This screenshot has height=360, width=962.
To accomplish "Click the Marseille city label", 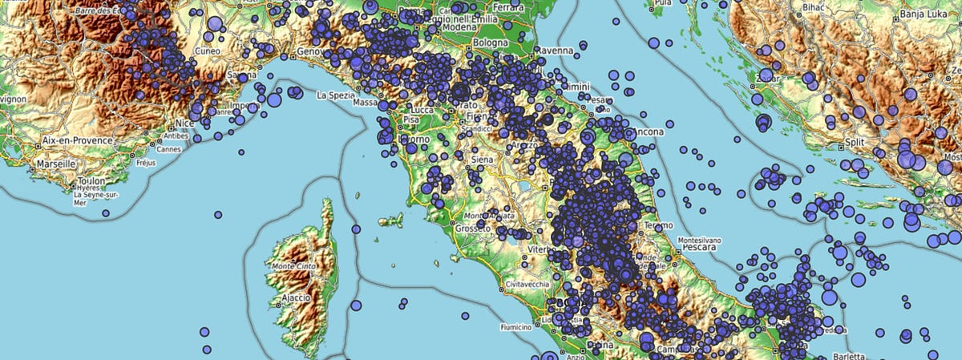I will click(55, 164).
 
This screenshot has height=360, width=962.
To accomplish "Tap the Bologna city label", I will click(491, 42).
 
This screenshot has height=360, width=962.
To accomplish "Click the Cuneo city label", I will click(207, 51).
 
